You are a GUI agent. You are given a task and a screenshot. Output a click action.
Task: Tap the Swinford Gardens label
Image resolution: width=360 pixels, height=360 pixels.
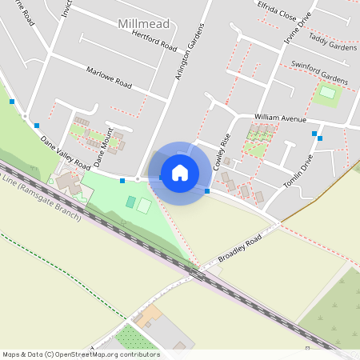[319, 72]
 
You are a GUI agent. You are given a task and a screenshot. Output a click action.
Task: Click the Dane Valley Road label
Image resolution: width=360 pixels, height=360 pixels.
[65, 151]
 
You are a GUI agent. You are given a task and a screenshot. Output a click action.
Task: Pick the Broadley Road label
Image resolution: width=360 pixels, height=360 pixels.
[239, 250]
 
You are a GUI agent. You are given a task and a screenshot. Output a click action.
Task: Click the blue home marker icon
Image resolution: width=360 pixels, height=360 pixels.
[179, 173]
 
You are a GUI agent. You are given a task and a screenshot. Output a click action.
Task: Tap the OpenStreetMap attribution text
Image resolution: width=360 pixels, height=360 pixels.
[81, 354]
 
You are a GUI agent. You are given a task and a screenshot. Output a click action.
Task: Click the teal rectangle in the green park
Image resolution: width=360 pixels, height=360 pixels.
[130, 202]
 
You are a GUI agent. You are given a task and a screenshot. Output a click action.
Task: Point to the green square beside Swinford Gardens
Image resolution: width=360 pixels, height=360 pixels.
[327, 92]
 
